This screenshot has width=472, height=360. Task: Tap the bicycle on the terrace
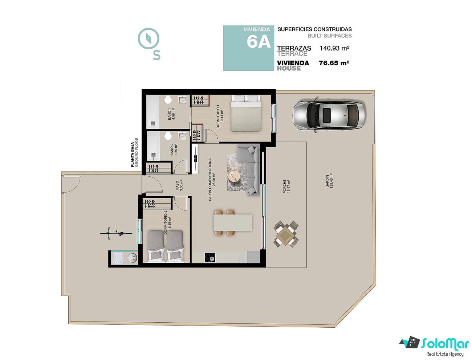click(x=116, y=233)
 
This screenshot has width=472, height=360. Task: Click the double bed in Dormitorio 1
click(x=246, y=113)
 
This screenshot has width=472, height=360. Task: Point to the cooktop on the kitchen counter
click(x=210, y=257)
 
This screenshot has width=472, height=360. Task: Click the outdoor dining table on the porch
click(x=286, y=234)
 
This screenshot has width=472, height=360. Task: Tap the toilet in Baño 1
click(x=168, y=100)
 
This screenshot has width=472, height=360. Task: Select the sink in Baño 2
click(x=183, y=136)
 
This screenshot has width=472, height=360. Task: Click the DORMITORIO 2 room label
click(x=165, y=222)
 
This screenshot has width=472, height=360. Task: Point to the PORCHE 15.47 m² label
click(x=286, y=187)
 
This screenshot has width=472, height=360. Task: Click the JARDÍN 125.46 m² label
click(x=329, y=181)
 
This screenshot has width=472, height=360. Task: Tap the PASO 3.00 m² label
click(x=179, y=185)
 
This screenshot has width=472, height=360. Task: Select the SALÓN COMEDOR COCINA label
click(x=210, y=180)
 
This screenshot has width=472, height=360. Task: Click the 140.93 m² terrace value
click(x=334, y=48)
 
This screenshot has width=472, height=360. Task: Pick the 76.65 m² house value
click(x=334, y=63)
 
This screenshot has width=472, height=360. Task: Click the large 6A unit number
click(x=259, y=41)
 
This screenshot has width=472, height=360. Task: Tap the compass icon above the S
click(x=148, y=39)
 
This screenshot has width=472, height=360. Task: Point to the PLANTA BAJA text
click(x=133, y=154)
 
